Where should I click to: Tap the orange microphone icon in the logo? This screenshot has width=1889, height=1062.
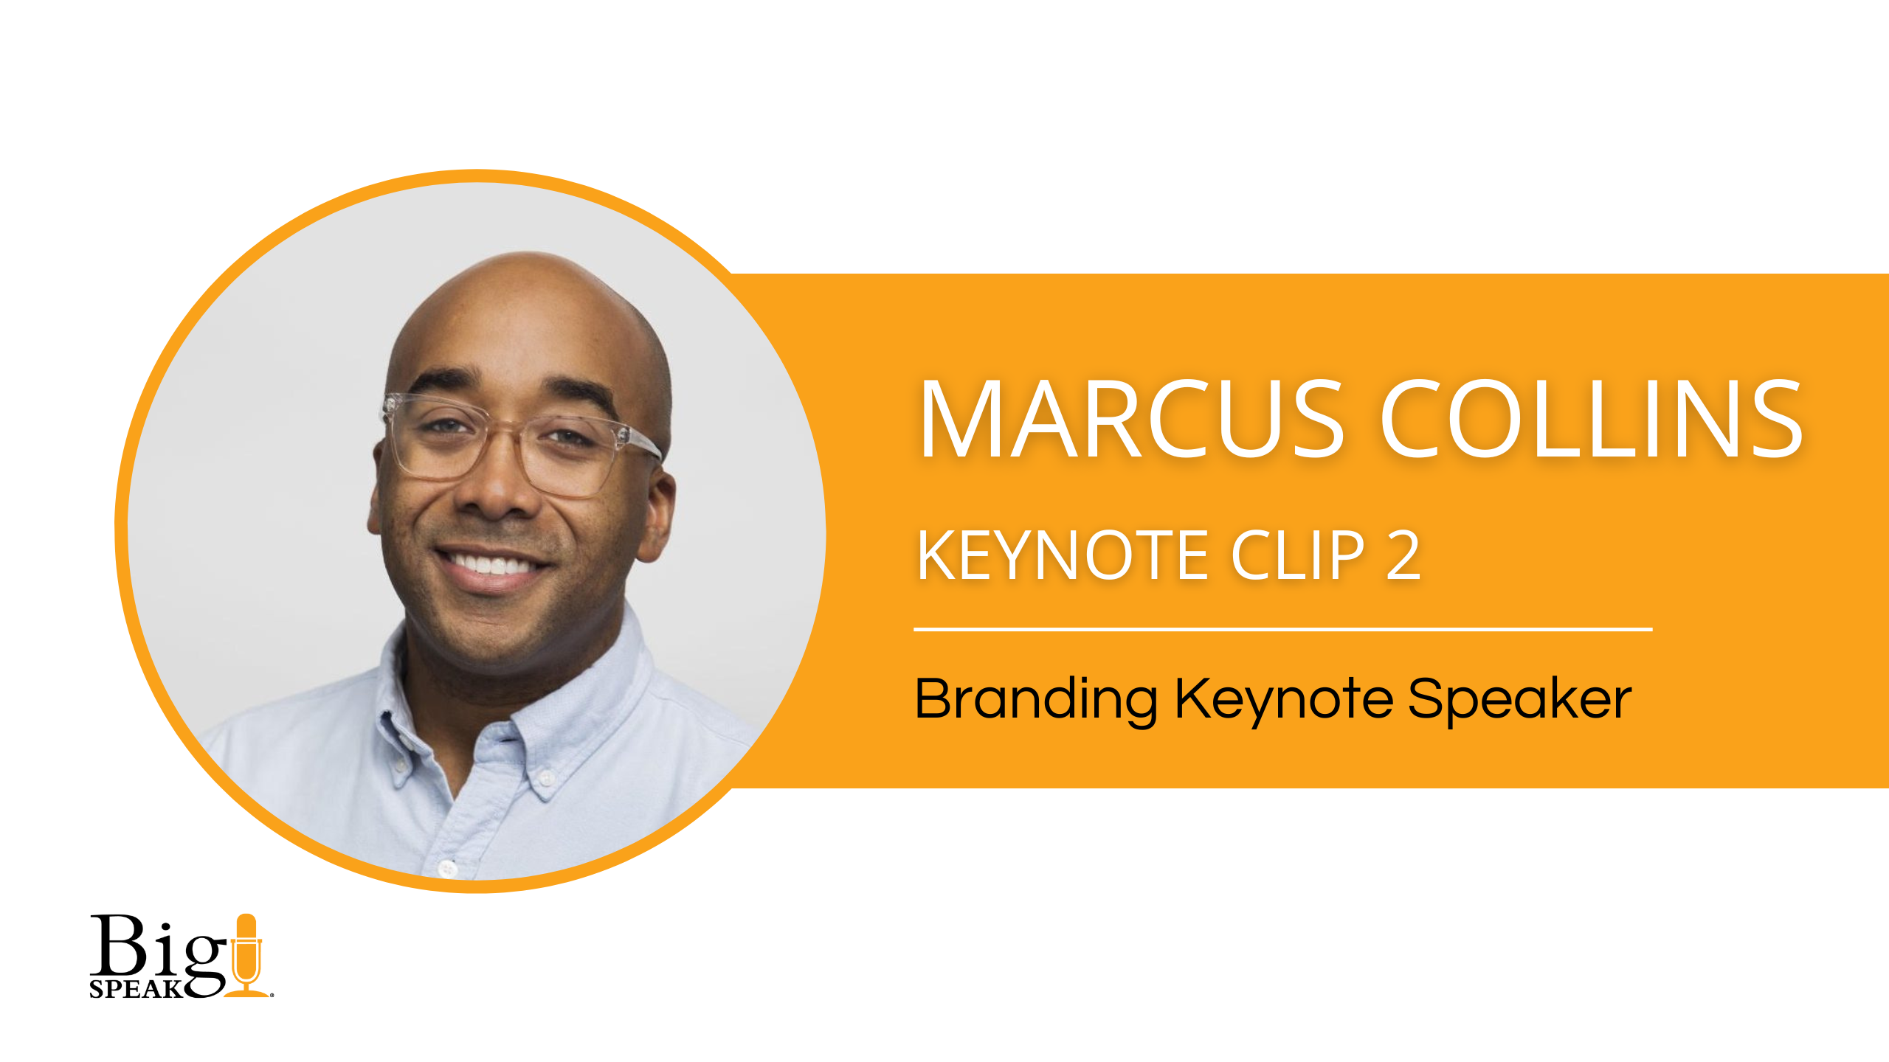tap(246, 955)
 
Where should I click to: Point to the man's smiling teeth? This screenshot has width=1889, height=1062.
tap(491, 565)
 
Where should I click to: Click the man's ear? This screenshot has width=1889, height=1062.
tap(657, 516)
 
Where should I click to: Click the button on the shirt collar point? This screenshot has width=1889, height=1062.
tap(547, 777)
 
